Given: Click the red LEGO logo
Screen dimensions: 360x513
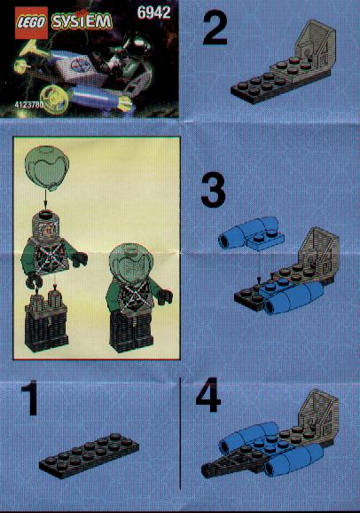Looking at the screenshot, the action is (31, 23).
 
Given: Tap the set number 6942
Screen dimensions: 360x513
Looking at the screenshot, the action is (153, 12).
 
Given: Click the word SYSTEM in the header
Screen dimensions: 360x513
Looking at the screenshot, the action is (82, 21).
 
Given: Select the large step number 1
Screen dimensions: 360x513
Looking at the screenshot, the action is (30, 398).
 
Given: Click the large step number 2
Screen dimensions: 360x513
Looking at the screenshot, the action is (215, 28).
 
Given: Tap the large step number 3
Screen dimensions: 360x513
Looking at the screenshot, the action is (213, 191).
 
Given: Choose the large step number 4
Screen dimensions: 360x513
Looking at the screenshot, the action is (208, 395).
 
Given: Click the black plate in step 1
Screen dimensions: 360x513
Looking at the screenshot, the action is (89, 455).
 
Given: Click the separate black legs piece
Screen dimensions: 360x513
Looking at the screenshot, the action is (46, 322).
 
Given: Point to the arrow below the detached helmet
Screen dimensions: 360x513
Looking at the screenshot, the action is (45, 200).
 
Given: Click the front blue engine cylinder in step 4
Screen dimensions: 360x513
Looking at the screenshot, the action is (294, 458).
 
